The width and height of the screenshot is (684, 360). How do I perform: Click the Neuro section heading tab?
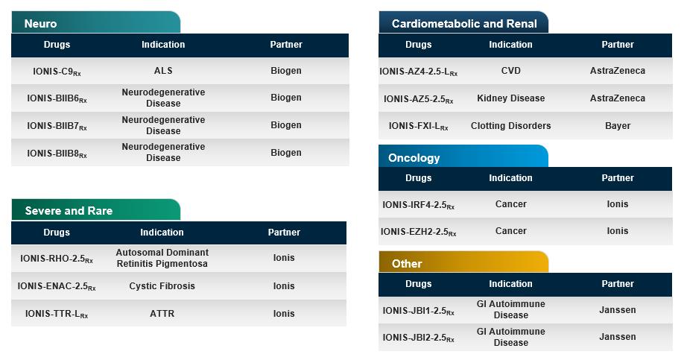(x=40, y=24)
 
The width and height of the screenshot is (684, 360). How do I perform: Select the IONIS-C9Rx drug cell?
(x=57, y=71)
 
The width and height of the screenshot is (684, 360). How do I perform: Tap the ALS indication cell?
(x=163, y=71)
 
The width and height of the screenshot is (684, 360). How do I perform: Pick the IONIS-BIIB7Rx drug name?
(x=57, y=126)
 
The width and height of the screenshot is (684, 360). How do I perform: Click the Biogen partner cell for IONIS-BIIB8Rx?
(x=285, y=153)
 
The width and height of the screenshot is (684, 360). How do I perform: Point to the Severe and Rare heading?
(x=69, y=211)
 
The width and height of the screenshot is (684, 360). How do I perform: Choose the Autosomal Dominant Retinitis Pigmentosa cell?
(x=162, y=258)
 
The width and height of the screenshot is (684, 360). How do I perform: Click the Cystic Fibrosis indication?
(x=162, y=286)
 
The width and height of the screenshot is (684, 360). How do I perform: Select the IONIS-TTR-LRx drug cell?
(x=57, y=314)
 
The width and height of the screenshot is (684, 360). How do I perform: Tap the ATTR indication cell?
(x=162, y=314)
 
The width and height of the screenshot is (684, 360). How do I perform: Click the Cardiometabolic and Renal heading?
(x=464, y=24)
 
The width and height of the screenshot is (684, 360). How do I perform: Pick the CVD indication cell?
(x=511, y=71)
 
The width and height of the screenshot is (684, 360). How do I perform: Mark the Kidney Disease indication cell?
(x=511, y=98)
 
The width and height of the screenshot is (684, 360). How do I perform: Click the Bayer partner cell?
(x=618, y=126)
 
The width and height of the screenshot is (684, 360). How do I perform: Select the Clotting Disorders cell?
(x=511, y=126)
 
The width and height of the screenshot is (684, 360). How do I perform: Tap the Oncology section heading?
(x=414, y=158)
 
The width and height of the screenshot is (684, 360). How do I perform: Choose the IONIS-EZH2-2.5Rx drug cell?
(x=418, y=232)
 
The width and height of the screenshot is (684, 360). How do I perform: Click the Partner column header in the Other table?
(x=618, y=284)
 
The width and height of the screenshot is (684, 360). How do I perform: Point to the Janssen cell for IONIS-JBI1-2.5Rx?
(x=618, y=310)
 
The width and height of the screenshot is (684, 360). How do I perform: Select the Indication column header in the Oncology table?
(x=510, y=178)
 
